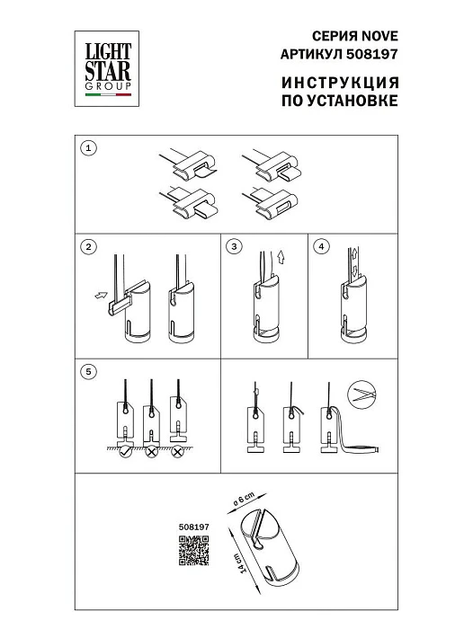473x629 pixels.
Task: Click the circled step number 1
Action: click(x=88, y=147)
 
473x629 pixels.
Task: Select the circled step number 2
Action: click(x=88, y=245)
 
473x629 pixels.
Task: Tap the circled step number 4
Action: click(x=322, y=245)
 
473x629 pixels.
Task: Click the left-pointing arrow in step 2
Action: click(x=99, y=294)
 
